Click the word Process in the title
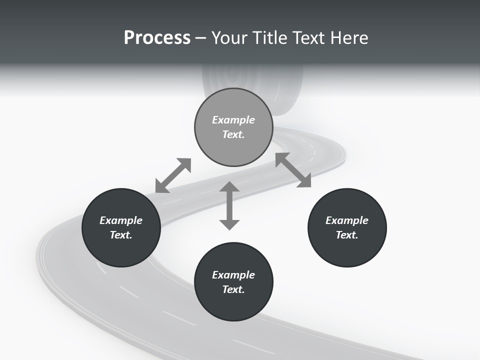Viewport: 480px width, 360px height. (x=157, y=38)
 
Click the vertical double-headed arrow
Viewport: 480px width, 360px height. (x=229, y=205)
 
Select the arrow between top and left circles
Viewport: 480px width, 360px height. (x=173, y=175)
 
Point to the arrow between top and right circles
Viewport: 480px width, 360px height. (x=293, y=170)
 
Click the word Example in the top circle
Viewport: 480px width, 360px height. (x=233, y=120)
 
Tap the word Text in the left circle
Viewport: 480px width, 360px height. (x=121, y=235)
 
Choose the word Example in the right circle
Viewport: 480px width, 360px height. (x=347, y=220)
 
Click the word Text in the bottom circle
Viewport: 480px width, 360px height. (x=233, y=289)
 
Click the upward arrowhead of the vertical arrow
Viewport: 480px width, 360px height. (x=229, y=187)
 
